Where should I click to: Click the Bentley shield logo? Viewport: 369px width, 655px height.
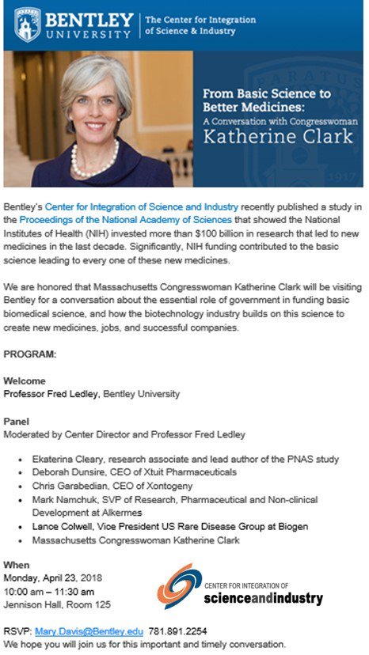pos(28,25)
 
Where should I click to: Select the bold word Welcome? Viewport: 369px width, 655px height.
pos(25,381)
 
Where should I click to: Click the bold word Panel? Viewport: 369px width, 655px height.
pos(17,421)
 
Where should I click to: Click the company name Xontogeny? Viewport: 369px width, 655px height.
pos(176,487)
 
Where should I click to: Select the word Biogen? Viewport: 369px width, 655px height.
pos(291,526)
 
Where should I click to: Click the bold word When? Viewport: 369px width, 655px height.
pos(17,566)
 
